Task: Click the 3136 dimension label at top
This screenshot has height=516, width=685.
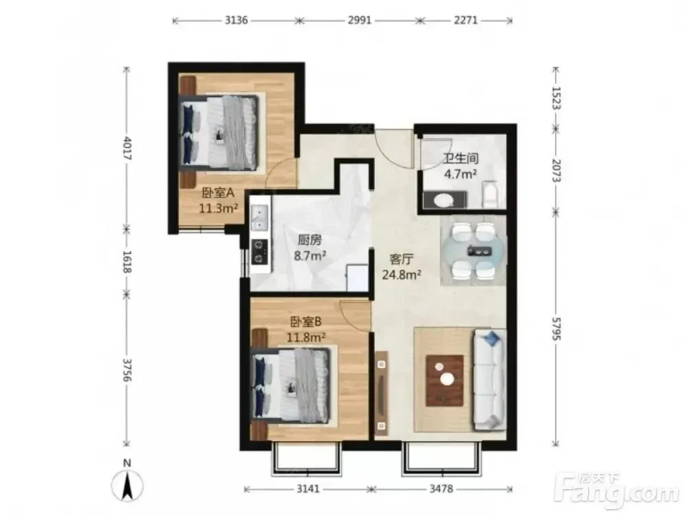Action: point(237,20)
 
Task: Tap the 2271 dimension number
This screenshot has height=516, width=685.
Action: point(466,20)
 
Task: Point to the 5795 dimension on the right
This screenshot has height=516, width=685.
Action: point(556,329)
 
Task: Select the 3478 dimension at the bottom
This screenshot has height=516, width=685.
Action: point(442,489)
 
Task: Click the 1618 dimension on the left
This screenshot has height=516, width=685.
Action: point(127,261)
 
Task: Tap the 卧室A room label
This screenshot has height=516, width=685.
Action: point(219,193)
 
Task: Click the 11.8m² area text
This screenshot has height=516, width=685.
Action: point(306,337)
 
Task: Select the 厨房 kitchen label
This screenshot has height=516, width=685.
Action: point(309,240)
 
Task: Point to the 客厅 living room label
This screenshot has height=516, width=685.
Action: point(401,259)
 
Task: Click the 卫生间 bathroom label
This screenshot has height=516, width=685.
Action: point(461,158)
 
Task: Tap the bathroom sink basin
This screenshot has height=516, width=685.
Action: point(445,200)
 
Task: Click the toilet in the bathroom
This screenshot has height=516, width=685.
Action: point(490,195)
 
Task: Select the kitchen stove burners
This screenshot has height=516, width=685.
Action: point(260,252)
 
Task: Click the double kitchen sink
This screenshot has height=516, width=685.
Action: point(260,217)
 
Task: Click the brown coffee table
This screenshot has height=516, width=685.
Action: point(445,380)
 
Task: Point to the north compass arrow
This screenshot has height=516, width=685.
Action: point(127,486)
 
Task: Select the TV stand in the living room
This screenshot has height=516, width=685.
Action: point(382,393)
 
